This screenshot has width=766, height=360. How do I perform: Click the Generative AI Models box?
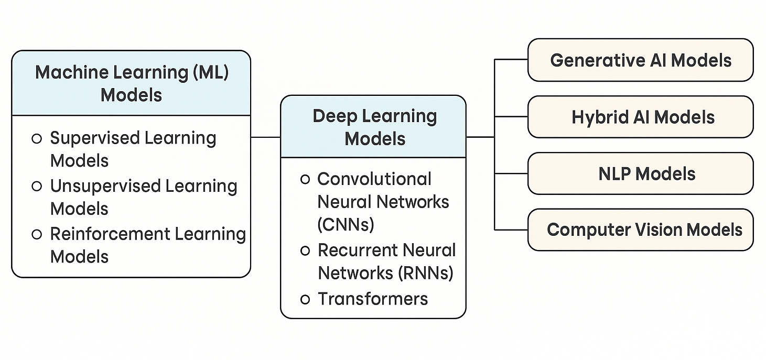(x=640, y=60)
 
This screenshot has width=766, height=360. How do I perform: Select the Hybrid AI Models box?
(x=640, y=117)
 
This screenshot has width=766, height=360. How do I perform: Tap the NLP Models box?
(x=640, y=173)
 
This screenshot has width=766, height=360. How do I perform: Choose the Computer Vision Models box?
(x=640, y=230)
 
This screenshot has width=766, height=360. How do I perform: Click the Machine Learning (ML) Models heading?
(x=131, y=83)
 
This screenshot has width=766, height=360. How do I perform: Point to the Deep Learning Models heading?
(x=374, y=127)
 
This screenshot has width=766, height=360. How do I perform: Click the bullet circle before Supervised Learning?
(x=37, y=139)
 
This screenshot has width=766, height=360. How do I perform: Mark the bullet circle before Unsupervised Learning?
(x=37, y=186)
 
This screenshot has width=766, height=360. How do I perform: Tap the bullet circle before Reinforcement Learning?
(x=37, y=234)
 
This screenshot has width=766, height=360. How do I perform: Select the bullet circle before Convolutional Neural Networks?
(x=305, y=179)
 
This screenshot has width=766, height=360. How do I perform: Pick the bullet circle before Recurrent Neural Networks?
(x=305, y=251)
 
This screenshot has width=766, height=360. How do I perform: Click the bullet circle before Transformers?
(x=305, y=299)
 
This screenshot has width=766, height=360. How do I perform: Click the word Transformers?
(x=373, y=299)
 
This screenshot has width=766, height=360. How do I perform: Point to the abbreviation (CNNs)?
(x=346, y=224)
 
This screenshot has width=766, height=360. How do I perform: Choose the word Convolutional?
(x=374, y=179)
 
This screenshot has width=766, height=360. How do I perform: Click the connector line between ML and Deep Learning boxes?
(x=265, y=137)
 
